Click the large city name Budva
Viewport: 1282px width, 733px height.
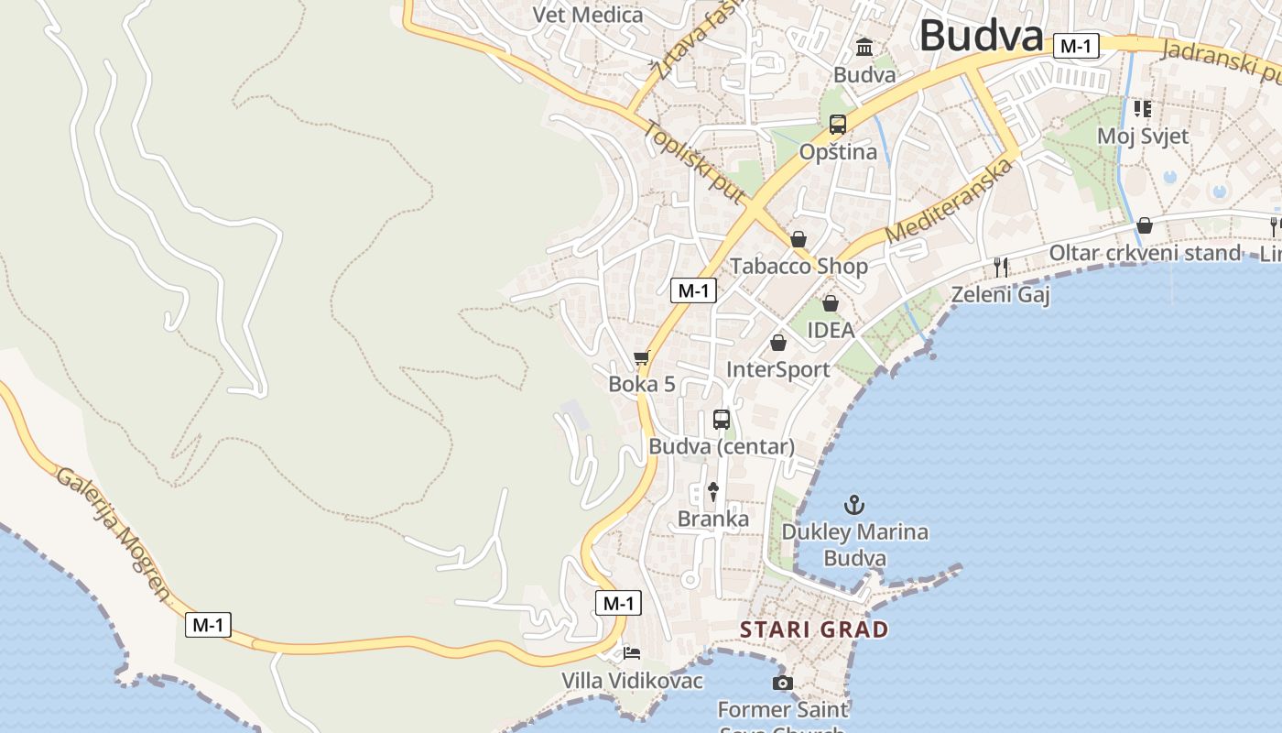981,37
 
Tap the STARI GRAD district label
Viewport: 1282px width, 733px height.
814,629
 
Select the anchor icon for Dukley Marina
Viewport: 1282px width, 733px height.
853,504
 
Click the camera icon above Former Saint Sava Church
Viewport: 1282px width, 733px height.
782,683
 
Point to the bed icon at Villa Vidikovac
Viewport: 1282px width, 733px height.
632,653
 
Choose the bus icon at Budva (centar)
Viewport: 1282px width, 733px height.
722,420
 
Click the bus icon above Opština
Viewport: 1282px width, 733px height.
837,125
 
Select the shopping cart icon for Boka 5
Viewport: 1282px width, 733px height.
641,357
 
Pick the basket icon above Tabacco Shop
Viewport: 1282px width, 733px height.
799,239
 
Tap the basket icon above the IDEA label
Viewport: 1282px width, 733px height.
831,302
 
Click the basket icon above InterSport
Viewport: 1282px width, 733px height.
777,343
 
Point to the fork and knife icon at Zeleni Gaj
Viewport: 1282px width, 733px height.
1001,267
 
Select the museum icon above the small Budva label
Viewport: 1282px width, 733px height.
864,47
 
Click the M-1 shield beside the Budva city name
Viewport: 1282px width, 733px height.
1075,46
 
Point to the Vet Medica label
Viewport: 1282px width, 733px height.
588,15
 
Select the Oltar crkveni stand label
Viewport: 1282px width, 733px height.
1145,253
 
